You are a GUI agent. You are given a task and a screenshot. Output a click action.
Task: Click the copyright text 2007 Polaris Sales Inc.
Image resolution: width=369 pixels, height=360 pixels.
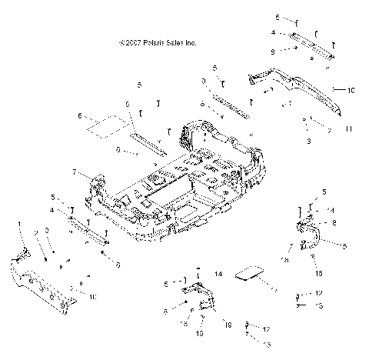click(x=158, y=44)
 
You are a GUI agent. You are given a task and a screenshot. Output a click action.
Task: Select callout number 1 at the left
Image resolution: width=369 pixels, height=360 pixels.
click(x=19, y=223)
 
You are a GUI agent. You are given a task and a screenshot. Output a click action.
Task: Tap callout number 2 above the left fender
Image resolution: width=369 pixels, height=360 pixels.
click(x=35, y=232)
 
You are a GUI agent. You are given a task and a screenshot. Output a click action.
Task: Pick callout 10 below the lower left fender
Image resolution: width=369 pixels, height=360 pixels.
click(x=92, y=296)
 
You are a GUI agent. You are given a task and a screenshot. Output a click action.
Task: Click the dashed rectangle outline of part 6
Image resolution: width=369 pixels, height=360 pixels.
click(x=107, y=125)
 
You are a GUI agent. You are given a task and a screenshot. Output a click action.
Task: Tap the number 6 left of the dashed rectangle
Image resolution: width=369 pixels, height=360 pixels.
click(x=79, y=115)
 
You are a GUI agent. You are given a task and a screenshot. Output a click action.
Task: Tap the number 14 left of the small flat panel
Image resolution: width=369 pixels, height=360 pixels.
click(x=218, y=273)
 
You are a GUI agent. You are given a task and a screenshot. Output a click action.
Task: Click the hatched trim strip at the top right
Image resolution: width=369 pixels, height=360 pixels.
click(x=315, y=46)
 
